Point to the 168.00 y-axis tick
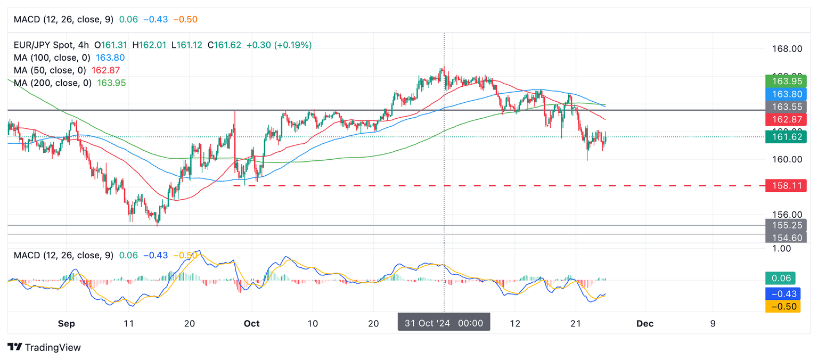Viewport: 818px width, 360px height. (x=787, y=49)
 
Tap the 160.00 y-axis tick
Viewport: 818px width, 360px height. (x=787, y=159)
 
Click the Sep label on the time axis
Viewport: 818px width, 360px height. (x=67, y=323)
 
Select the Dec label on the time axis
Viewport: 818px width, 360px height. (x=645, y=323)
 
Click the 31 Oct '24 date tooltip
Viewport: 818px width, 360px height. (x=444, y=323)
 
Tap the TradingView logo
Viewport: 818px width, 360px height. (x=45, y=347)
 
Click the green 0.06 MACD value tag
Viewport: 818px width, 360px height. (x=780, y=278)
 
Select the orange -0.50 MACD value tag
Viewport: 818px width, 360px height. (x=782, y=306)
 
